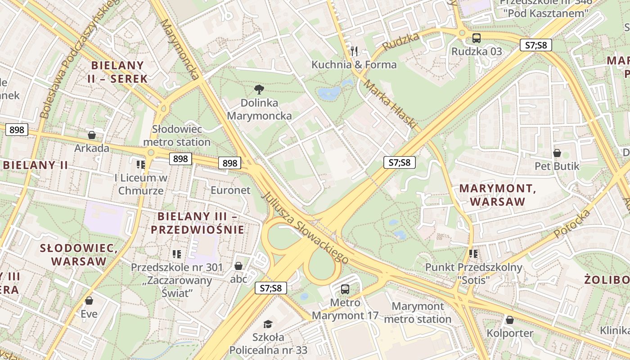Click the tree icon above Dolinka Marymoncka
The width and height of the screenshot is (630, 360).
tap(259, 89)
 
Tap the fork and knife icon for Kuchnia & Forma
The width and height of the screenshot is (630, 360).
tap(354, 51)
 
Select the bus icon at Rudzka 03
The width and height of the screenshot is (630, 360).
tap(476, 38)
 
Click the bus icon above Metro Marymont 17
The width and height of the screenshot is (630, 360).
tap(345, 289)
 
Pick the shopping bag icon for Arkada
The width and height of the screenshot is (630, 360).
tap(92, 135)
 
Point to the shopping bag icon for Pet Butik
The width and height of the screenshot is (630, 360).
tap(557, 153)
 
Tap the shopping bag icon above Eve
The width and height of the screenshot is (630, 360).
tap(89, 300)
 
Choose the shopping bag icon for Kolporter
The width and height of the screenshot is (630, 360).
tap(510, 320)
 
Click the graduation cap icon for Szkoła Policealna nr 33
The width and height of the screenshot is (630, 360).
tap(268, 324)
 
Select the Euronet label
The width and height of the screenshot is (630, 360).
tap(230, 190)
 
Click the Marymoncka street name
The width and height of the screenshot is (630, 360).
tap(180, 49)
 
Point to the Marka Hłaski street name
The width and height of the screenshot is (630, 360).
tap(390, 104)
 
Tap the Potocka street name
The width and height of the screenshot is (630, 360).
tap(572, 224)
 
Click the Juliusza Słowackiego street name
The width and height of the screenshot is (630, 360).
tap(305, 228)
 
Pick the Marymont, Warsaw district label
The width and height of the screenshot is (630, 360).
tap(498, 195)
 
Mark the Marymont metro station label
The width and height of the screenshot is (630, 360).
tap(418, 313)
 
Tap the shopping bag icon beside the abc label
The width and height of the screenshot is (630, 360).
tap(238, 266)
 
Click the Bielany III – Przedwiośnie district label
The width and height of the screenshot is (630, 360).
tap(198, 223)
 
